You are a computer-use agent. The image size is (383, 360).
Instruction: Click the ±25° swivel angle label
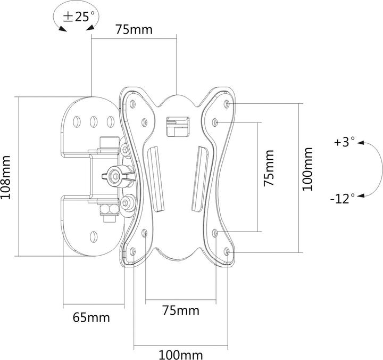tap(77, 17)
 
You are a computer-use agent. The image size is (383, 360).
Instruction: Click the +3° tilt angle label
tap(344, 142)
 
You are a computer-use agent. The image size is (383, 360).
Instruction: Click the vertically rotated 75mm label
tap(269, 168)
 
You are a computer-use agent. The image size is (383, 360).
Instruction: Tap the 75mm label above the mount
tap(134, 30)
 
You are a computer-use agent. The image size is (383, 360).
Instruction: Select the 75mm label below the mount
tap(181, 310)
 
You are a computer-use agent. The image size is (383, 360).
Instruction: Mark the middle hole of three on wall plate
tap(93, 122)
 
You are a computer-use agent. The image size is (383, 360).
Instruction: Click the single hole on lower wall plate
tap(94, 235)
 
